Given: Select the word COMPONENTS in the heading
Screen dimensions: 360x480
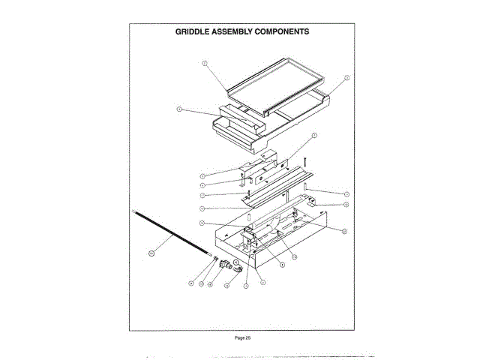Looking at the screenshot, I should (x=283, y=33).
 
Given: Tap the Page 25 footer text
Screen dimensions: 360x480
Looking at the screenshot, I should (x=241, y=338).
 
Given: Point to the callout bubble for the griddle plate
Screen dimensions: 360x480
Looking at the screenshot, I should (x=204, y=64).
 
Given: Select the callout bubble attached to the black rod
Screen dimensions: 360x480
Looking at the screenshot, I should (x=149, y=253).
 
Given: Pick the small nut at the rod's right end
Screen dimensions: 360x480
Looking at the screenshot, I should (x=216, y=259).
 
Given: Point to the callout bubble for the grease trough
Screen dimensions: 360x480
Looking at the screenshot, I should (x=179, y=109).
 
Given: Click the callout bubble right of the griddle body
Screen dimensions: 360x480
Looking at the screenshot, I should (x=346, y=77).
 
